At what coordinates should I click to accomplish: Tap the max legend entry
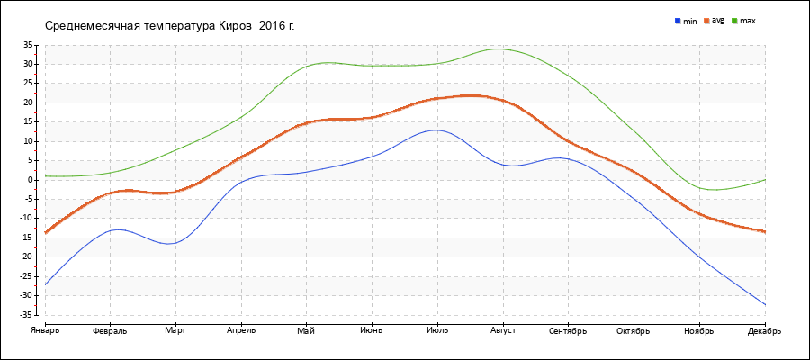point(747,20)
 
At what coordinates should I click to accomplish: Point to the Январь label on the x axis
point(45,330)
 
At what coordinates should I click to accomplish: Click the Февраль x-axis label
point(110,330)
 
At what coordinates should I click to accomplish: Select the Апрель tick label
point(241,330)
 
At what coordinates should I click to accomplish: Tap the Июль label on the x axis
point(437,330)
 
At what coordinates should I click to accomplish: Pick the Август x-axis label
point(502,330)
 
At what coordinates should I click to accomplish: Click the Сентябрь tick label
point(568,330)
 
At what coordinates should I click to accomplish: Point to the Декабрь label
point(764,330)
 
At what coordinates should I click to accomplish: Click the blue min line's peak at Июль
point(436,130)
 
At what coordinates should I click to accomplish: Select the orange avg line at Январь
point(46,232)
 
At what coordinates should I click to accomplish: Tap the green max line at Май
point(306,66)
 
